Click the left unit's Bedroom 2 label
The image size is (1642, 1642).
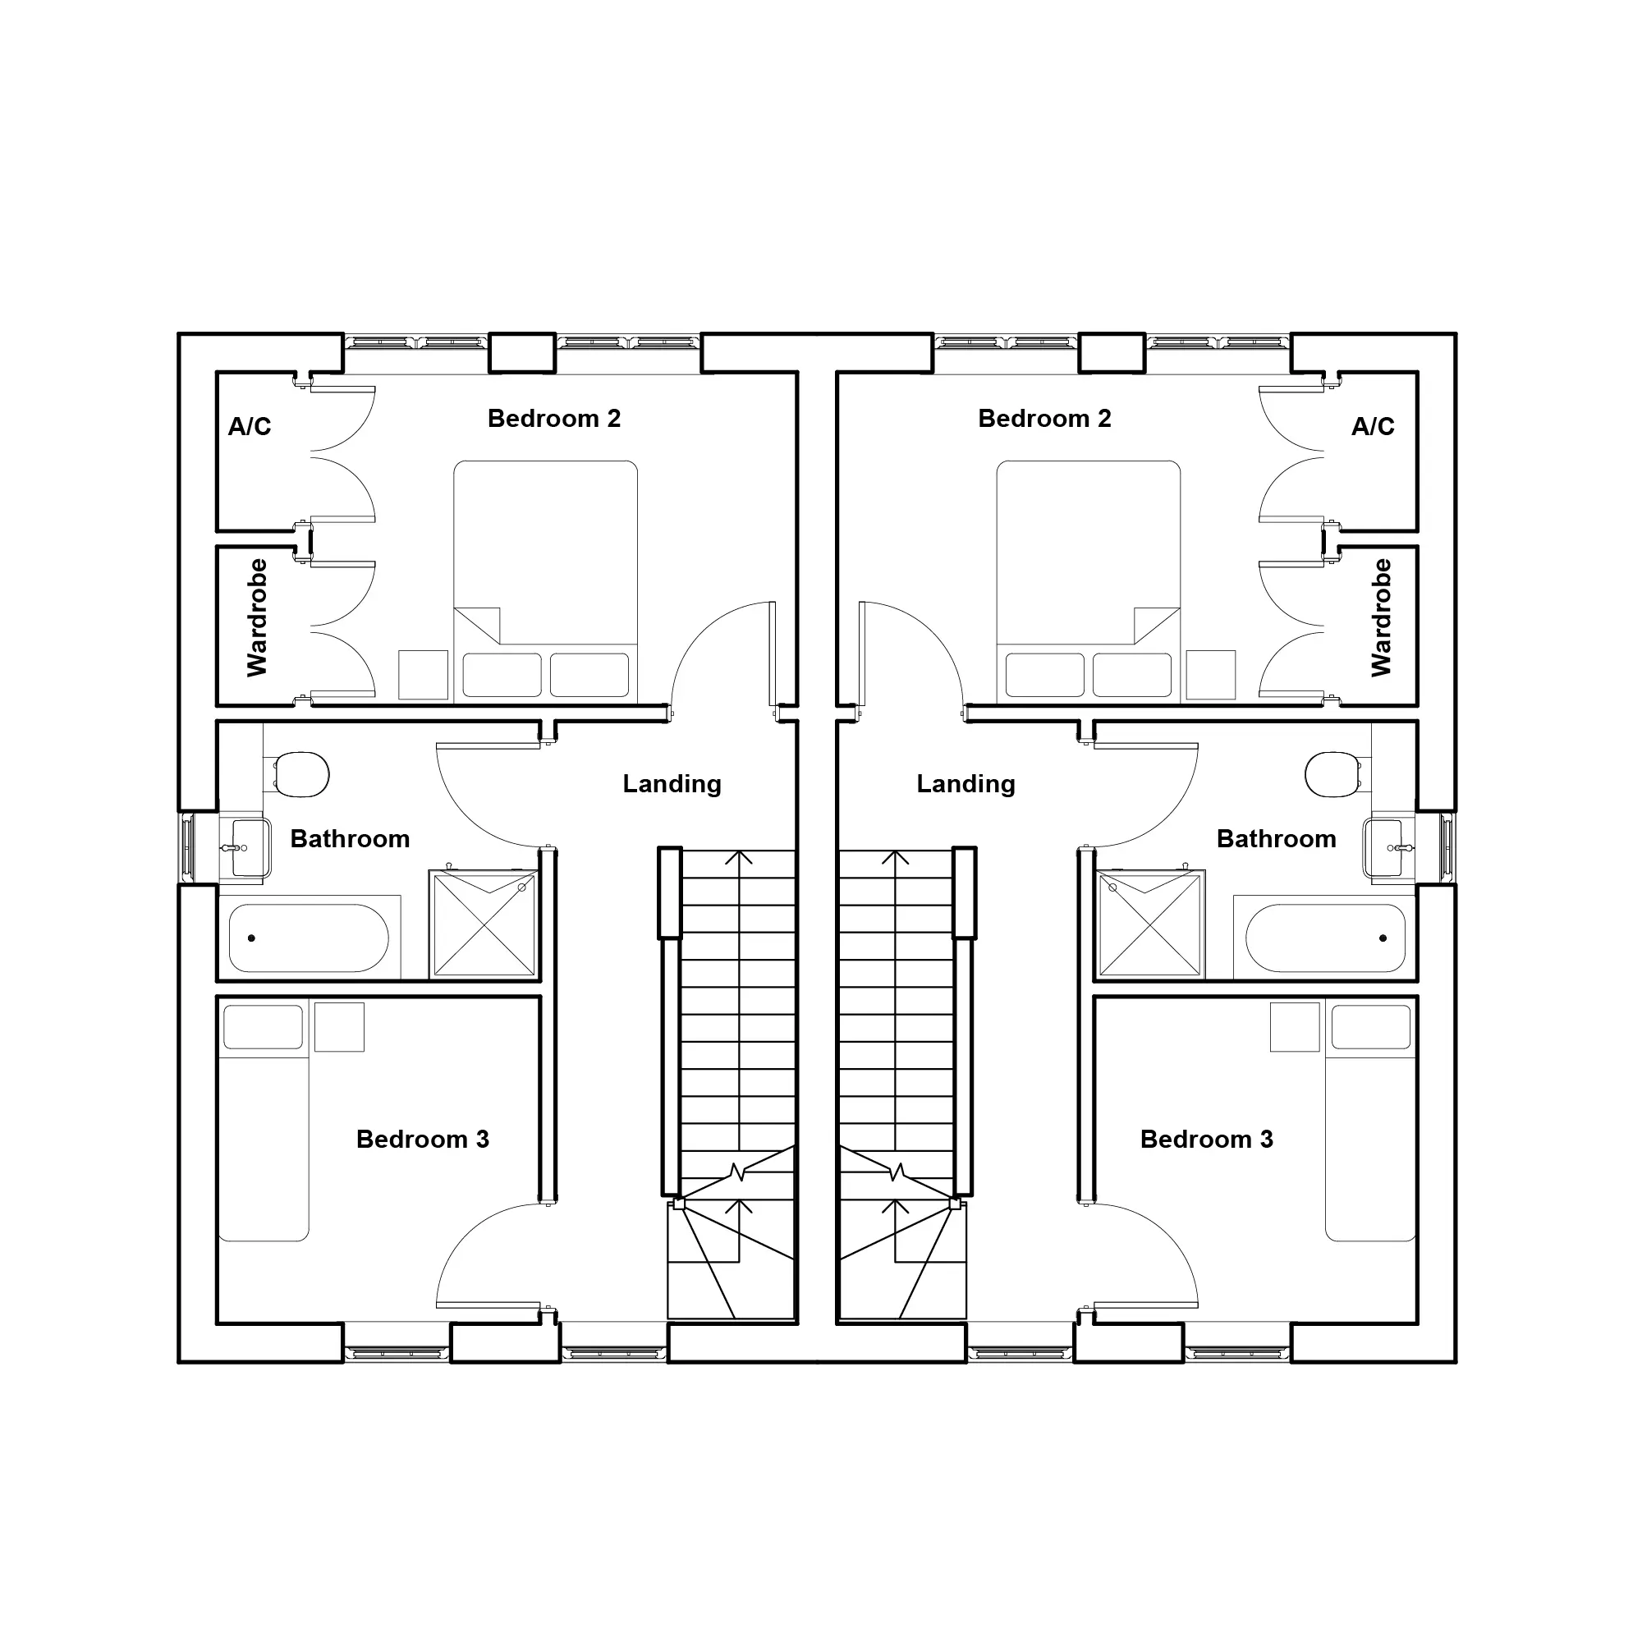[554, 418]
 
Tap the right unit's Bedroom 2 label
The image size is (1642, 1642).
[1044, 418]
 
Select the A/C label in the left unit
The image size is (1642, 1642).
[250, 426]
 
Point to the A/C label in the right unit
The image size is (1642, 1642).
[1373, 426]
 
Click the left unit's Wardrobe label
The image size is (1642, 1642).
[257, 617]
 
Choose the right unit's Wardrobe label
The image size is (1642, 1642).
[1381, 617]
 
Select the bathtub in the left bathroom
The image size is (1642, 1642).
[310, 938]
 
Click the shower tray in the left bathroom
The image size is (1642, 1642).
[484, 924]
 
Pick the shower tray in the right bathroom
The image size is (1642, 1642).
[1151, 924]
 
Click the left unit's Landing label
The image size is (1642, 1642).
[672, 783]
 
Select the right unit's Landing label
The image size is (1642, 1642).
[965, 783]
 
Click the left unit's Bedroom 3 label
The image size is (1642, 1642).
[422, 1139]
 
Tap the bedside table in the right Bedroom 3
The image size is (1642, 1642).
[1296, 1027]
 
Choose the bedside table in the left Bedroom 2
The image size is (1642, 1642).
[424, 675]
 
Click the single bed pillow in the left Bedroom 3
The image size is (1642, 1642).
[264, 1027]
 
